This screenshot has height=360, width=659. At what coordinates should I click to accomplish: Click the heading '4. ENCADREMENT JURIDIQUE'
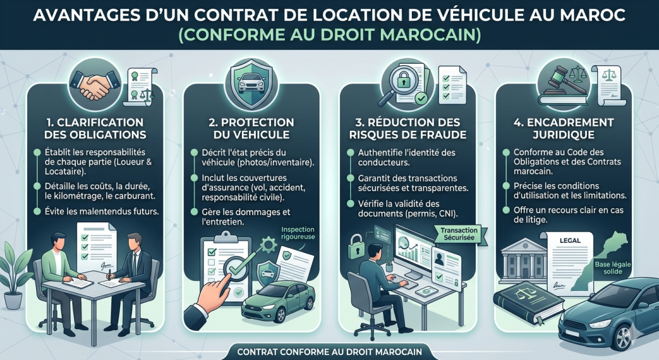click(564, 128)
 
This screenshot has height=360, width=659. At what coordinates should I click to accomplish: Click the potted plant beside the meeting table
click(15, 270)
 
